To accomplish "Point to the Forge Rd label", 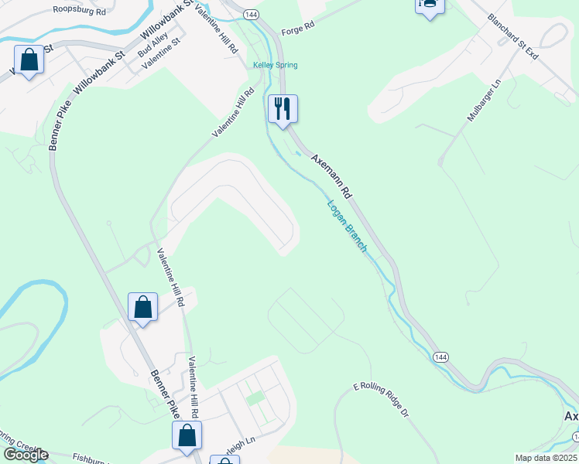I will pos(298,26).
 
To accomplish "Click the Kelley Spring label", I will pos(276,65).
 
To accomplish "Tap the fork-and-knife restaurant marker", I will pos(283,108).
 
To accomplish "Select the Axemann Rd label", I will pos(332,177).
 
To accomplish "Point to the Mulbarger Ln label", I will pos(485,103).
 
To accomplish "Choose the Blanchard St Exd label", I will pos(512,36).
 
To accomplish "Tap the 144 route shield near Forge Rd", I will pos(250,15).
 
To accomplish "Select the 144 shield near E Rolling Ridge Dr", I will pos(440,357).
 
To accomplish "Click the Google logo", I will pos(25,455).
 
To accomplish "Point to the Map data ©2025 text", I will pos(546,458).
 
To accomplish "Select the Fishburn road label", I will pos(93,458).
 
